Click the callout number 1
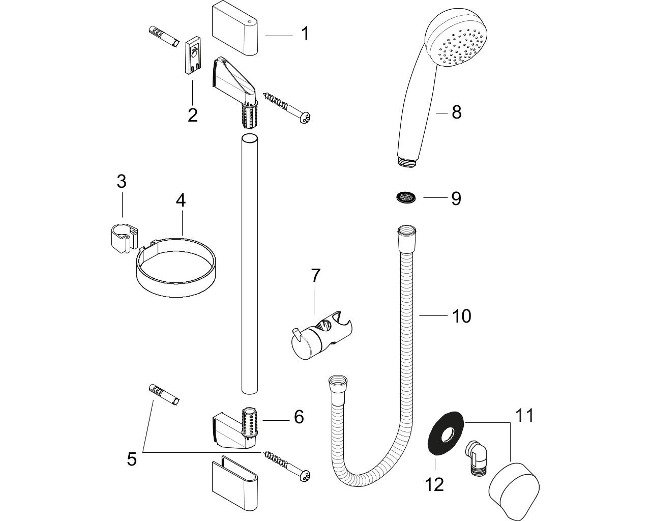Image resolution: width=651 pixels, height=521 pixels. [305, 34]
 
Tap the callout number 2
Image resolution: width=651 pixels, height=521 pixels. [192, 115]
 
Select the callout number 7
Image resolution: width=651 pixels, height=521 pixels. [315, 276]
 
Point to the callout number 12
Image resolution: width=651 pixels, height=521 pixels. [434, 484]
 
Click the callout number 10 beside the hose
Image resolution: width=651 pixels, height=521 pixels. [462, 316]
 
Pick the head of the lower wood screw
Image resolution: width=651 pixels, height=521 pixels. [306, 476]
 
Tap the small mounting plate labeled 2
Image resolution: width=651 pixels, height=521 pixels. [192, 56]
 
